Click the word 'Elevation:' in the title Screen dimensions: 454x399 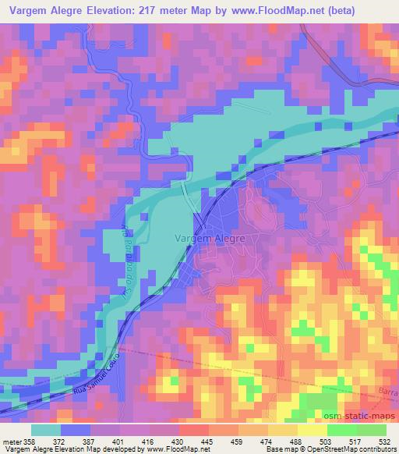(113, 9)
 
